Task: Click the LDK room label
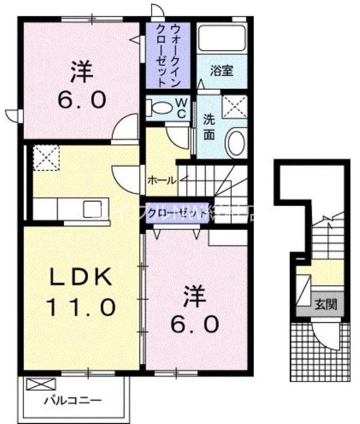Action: coord(81,277)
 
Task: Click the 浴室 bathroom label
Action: coord(221,70)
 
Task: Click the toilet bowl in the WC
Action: coord(160,108)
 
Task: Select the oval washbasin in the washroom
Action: coord(236,142)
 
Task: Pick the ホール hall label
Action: coord(161,180)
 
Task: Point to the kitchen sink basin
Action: coord(92,207)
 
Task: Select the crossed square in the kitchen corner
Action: coord(46,157)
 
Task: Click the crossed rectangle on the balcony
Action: coord(41,384)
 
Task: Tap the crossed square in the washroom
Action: coord(234,107)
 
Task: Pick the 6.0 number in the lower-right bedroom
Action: coord(195,323)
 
